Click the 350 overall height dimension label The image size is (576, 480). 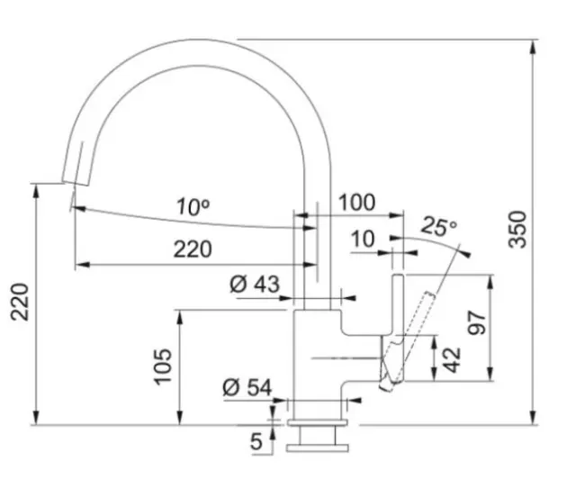(x=517, y=229)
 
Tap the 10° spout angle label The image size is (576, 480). (x=193, y=207)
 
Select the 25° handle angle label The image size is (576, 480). (x=438, y=226)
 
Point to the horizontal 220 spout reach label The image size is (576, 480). (x=193, y=249)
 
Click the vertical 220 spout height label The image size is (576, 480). (x=20, y=302)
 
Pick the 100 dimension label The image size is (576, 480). (x=356, y=202)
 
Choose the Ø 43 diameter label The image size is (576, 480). (x=255, y=284)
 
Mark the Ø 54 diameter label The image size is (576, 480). (x=247, y=387)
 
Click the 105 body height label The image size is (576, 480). (x=163, y=367)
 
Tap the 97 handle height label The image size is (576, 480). (x=476, y=322)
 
